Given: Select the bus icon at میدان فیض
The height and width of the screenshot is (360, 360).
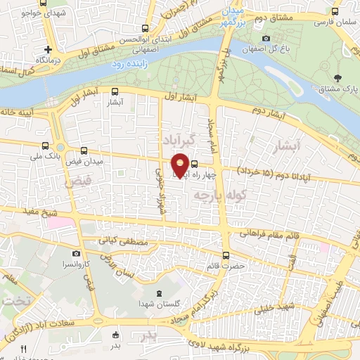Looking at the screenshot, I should point(84,150).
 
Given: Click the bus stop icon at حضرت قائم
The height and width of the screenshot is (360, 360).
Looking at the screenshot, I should point(226,255).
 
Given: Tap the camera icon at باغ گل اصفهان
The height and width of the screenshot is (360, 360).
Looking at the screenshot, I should point(265,38).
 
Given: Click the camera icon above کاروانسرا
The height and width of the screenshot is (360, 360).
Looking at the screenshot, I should point(76,252).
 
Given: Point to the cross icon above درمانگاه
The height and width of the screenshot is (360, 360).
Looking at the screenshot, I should point(48,49).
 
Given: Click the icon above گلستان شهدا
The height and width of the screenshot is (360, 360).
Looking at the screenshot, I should point(157,292).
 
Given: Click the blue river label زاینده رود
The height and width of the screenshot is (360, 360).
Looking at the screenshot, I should point(129,64).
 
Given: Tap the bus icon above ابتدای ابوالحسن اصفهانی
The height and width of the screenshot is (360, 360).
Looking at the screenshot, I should point(145,29).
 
